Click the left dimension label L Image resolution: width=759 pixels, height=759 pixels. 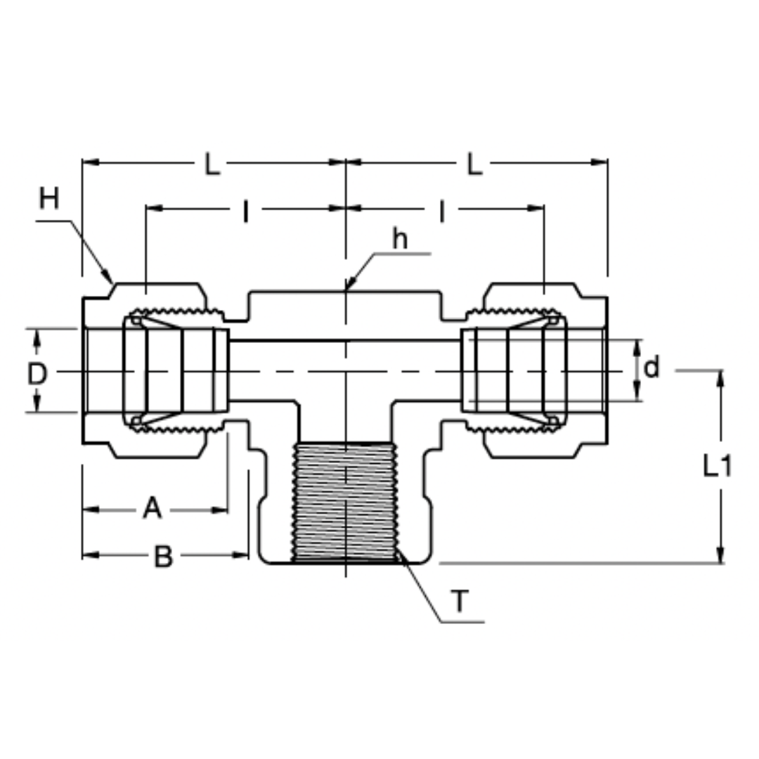pyautogui.click(x=212, y=164)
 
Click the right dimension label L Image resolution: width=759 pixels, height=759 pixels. pyautogui.click(x=476, y=164)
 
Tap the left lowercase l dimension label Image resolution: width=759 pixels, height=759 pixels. pyautogui.click(x=245, y=210)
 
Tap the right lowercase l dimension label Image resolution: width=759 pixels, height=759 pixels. pyautogui.click(x=442, y=210)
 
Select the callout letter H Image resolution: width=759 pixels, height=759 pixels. pyautogui.click(x=48, y=199)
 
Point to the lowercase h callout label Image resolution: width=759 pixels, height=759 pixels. pyautogui.click(x=400, y=240)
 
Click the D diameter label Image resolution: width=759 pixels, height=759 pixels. pyautogui.click(x=37, y=374)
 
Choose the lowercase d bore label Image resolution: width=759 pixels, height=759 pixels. pyautogui.click(x=652, y=367)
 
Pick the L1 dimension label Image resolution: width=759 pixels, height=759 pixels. pyautogui.click(x=718, y=465)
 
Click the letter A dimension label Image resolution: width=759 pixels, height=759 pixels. pyautogui.click(x=152, y=507)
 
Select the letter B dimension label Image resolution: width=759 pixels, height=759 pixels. pyautogui.click(x=163, y=557)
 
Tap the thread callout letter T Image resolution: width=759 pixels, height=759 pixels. pyautogui.click(x=459, y=602)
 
